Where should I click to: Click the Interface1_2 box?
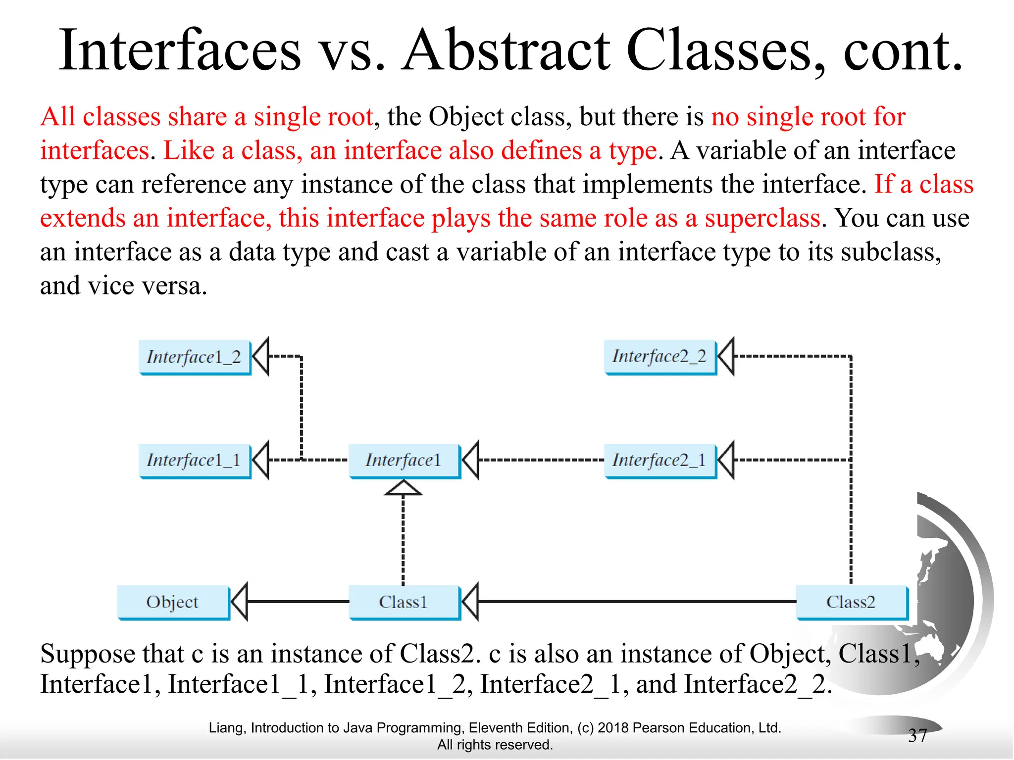[x=195, y=357]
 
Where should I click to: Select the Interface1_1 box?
[x=195, y=460]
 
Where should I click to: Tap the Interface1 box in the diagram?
[x=404, y=460]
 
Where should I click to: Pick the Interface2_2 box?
[x=659, y=356]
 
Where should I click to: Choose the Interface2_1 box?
[x=659, y=460]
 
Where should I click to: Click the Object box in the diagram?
[x=173, y=602]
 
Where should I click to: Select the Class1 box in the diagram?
[x=404, y=602]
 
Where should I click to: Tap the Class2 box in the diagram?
[x=851, y=602]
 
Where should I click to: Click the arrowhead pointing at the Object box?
[x=240, y=602]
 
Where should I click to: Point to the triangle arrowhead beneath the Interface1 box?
[x=404, y=489]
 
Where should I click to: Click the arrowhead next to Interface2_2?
[x=726, y=356]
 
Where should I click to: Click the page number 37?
[x=917, y=736]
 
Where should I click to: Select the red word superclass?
[x=762, y=218]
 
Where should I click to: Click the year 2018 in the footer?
[x=613, y=728]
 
